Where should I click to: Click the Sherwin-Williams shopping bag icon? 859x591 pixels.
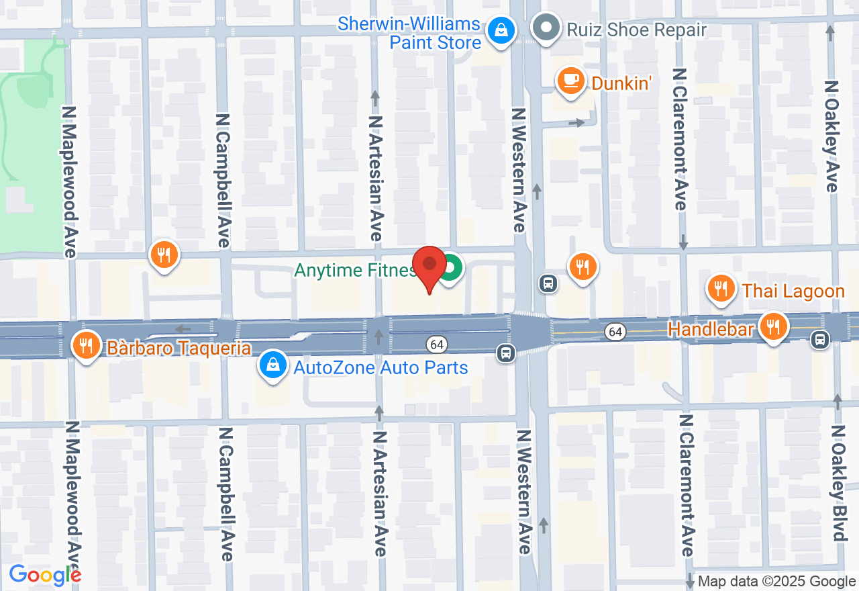[x=501, y=30]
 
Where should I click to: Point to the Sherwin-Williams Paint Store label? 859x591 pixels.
[x=409, y=33]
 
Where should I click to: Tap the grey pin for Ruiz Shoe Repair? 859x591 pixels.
[x=546, y=28]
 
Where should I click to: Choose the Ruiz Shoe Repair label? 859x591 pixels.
[x=636, y=30]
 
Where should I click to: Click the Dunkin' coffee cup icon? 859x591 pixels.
[x=570, y=81]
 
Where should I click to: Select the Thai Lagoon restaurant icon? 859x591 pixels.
[x=721, y=289]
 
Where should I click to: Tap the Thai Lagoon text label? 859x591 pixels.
[x=793, y=291]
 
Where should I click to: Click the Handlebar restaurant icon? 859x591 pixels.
[x=774, y=327]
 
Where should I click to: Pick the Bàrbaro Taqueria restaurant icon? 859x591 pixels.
[x=85, y=345]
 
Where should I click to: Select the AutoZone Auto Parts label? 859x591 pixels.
[x=381, y=367]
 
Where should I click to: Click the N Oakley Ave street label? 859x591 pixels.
[x=832, y=137]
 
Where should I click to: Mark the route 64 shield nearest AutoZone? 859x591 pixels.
[x=437, y=344]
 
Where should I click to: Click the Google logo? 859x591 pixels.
[x=44, y=575]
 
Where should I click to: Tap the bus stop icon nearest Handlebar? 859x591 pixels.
[x=819, y=340]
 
